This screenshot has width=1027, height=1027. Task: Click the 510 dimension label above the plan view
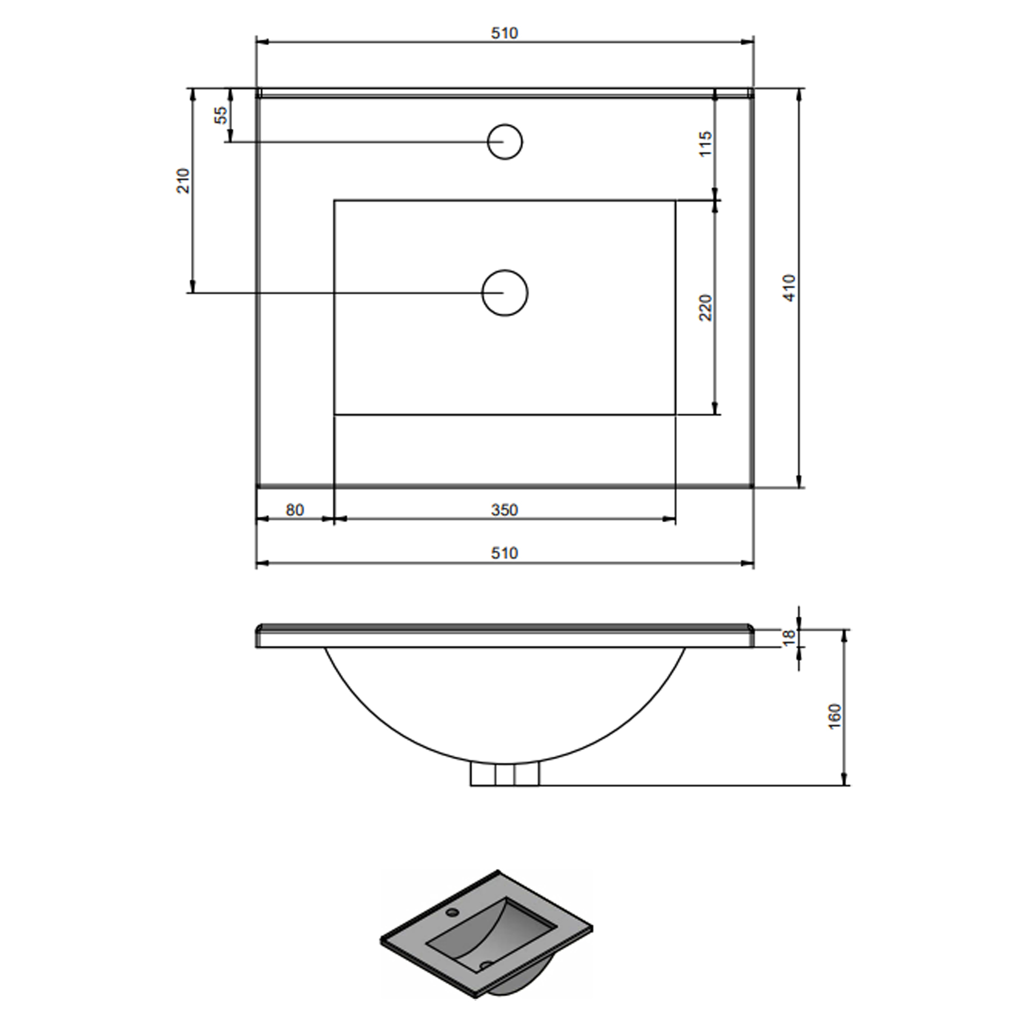pyautogui.click(x=504, y=33)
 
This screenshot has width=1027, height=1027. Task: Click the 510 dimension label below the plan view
pyautogui.click(x=504, y=554)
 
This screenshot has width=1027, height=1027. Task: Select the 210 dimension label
pyautogui.click(x=183, y=181)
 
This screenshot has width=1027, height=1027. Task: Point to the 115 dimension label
pyautogui.click(x=705, y=144)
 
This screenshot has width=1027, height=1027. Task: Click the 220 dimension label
pyautogui.click(x=705, y=308)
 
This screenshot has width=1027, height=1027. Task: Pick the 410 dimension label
pyautogui.click(x=790, y=288)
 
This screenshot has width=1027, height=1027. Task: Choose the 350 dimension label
pyautogui.click(x=504, y=510)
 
